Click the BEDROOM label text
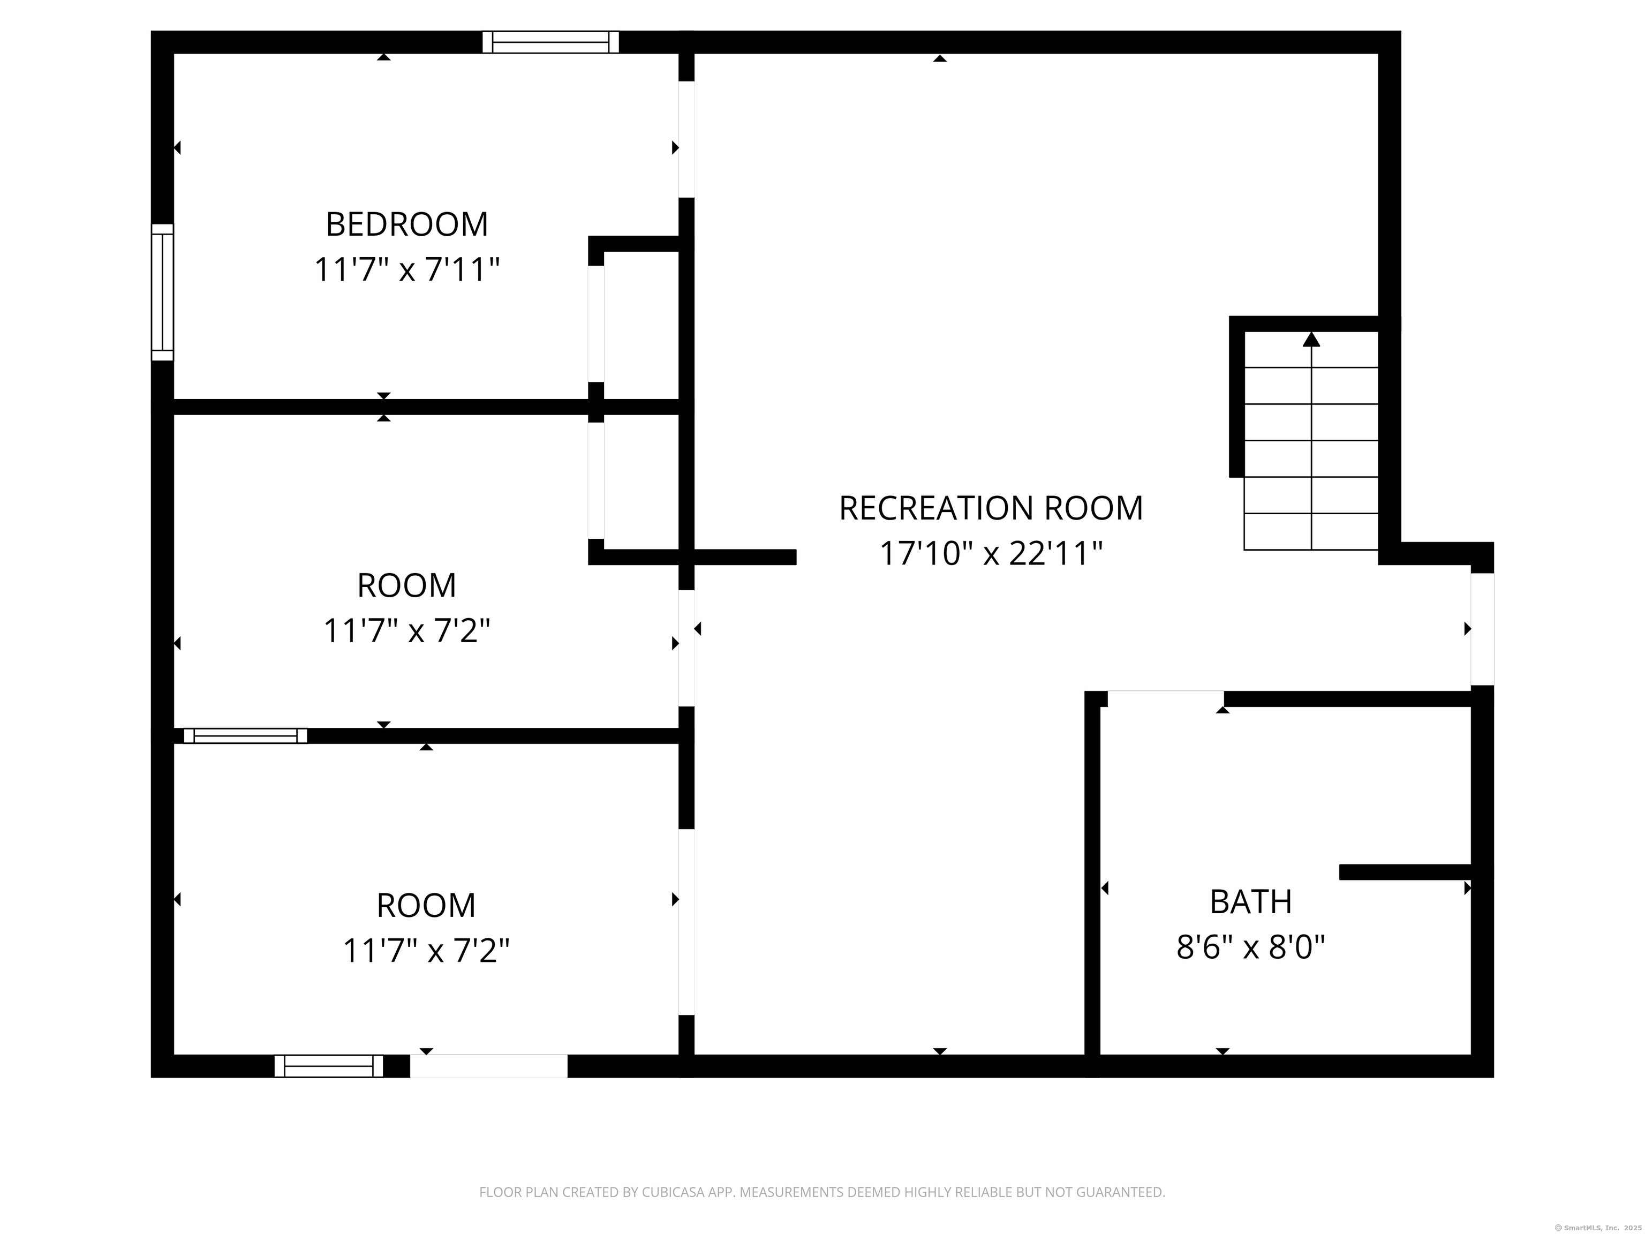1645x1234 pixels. click(407, 224)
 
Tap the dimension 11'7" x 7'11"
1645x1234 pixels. click(407, 269)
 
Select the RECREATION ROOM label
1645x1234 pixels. click(991, 508)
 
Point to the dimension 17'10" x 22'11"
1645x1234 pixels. click(991, 553)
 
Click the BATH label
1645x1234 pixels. click(1251, 902)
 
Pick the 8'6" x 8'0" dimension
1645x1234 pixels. click(1251, 947)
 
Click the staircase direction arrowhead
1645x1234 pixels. click(1311, 339)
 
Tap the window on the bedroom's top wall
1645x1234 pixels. click(550, 42)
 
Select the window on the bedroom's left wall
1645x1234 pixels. click(163, 292)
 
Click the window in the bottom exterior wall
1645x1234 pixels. click(329, 1066)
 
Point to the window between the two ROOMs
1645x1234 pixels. click(245, 736)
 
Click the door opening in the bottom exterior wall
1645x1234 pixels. click(488, 1066)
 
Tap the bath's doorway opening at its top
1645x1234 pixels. click(1165, 698)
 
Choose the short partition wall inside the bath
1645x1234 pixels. click(1406, 872)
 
